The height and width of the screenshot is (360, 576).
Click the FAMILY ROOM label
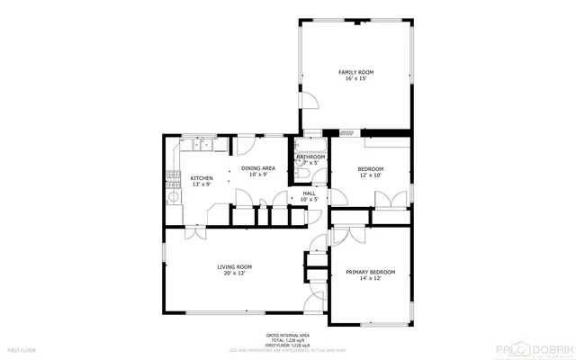(355, 72)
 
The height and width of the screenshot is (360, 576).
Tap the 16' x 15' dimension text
(355, 79)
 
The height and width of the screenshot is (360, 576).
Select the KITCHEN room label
(202, 178)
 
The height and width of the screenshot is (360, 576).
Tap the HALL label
(309, 193)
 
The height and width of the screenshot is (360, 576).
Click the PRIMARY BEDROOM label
(371, 272)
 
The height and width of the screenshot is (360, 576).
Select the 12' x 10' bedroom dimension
(371, 175)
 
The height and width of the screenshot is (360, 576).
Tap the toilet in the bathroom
(303, 175)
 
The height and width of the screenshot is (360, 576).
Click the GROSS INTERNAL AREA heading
(288, 335)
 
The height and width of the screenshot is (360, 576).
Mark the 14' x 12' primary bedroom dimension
(371, 279)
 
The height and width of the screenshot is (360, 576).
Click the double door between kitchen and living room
(193, 232)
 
